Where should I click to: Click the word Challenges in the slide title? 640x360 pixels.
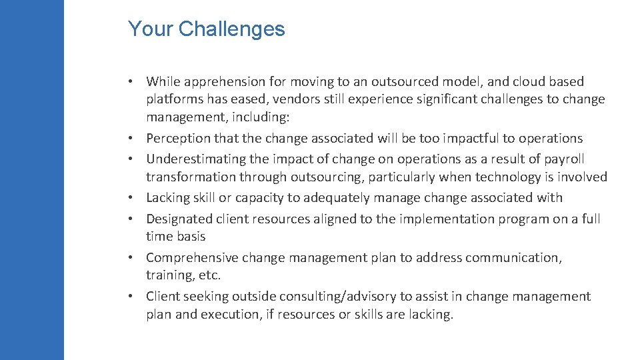pos(232,29)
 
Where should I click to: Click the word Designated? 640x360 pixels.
pos(179,219)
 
